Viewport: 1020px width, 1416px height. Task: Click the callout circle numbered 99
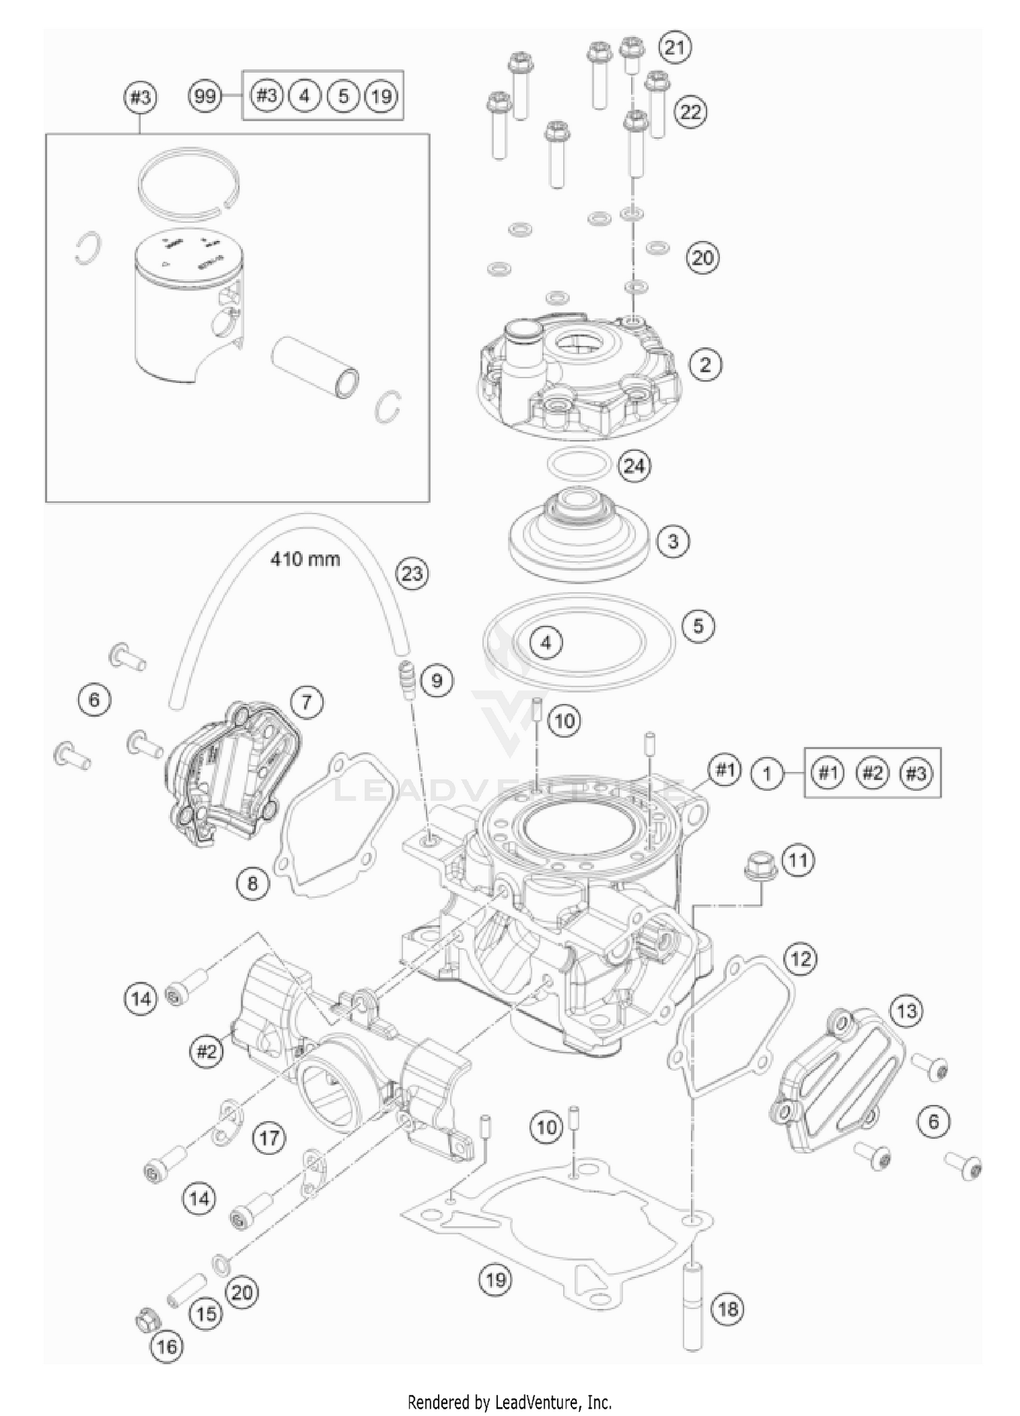point(205,96)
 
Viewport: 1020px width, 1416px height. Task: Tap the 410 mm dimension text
point(305,559)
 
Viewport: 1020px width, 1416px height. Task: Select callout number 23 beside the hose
point(412,573)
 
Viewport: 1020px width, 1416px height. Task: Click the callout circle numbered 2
point(705,365)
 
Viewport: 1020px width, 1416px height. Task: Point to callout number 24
point(634,466)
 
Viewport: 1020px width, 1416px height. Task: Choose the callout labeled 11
point(798,860)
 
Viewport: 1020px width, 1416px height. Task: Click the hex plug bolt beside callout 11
point(756,866)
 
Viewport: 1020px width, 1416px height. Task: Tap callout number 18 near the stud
point(728,1309)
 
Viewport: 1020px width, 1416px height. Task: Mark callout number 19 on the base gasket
point(496,1279)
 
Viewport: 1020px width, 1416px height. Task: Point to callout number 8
point(253,883)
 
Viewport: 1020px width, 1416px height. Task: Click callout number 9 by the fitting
point(437,680)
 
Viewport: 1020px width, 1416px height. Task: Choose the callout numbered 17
point(269,1137)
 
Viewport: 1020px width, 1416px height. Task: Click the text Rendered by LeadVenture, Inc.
point(509,1402)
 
